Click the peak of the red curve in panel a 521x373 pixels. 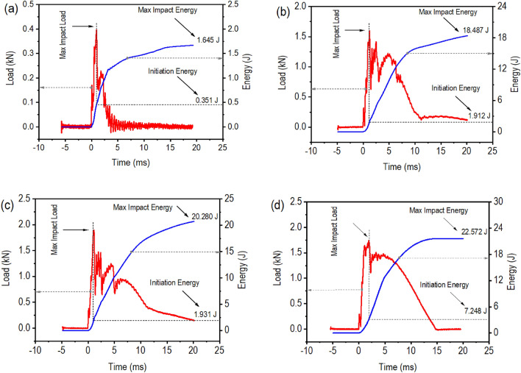click(96, 30)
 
